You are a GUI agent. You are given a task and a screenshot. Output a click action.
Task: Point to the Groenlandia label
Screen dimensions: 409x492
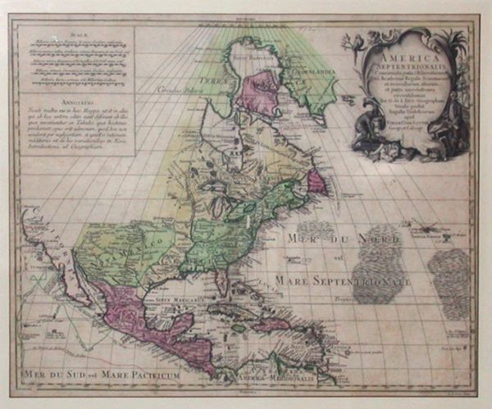click(302, 71)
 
